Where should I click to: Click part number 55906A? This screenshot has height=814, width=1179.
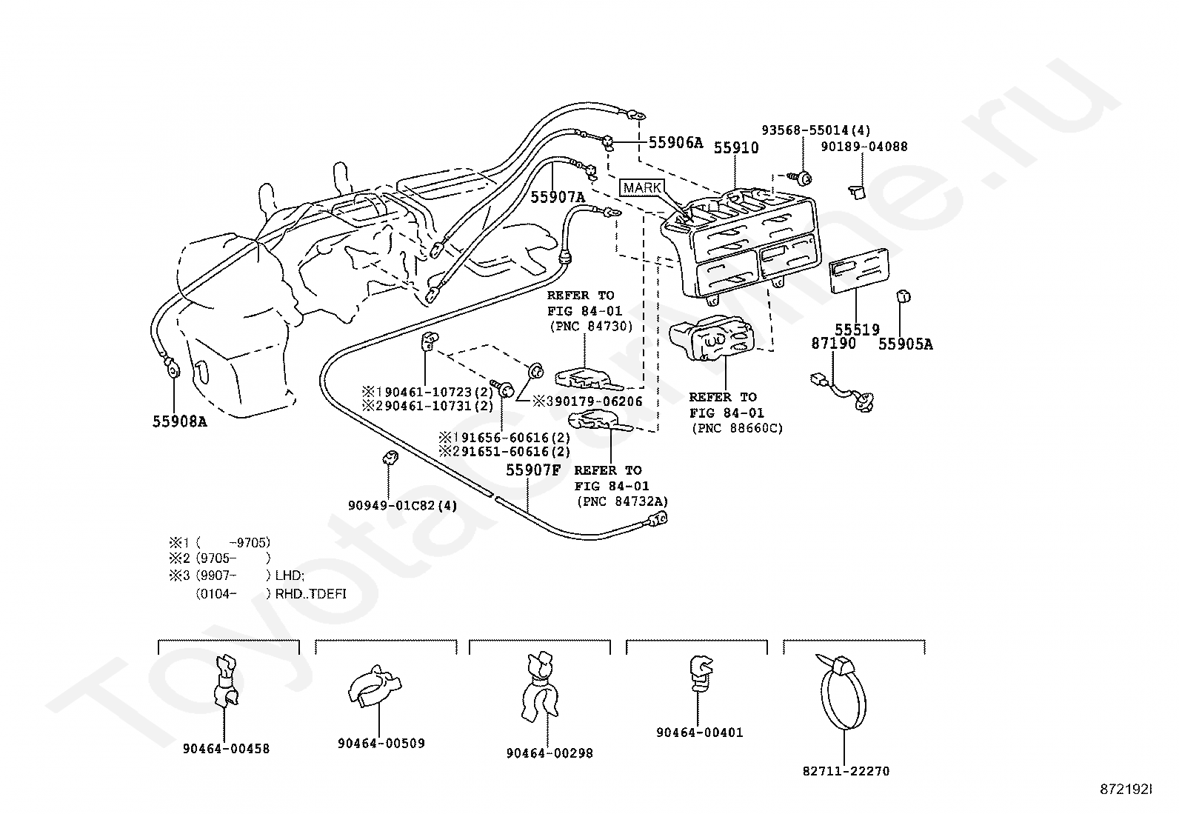point(675,142)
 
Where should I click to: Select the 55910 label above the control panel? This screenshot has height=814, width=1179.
point(736,148)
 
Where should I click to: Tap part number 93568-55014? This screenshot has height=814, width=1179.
point(805,130)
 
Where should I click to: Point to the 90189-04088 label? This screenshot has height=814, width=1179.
point(864,147)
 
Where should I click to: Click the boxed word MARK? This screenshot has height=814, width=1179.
point(642,187)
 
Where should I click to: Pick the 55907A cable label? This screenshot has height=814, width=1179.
point(558,197)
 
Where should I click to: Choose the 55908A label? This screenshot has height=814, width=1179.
point(179,421)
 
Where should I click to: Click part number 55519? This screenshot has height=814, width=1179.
point(857,330)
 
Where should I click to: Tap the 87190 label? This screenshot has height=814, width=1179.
point(833,343)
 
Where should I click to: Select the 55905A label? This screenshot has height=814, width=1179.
point(905,344)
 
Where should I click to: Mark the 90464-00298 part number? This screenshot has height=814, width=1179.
point(550,753)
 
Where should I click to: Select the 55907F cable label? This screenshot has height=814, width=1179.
point(533,470)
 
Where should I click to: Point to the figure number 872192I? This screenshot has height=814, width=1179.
point(1126,790)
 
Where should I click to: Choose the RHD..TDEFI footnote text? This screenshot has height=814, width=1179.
point(310,594)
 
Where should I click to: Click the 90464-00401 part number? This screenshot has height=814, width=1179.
point(700,733)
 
